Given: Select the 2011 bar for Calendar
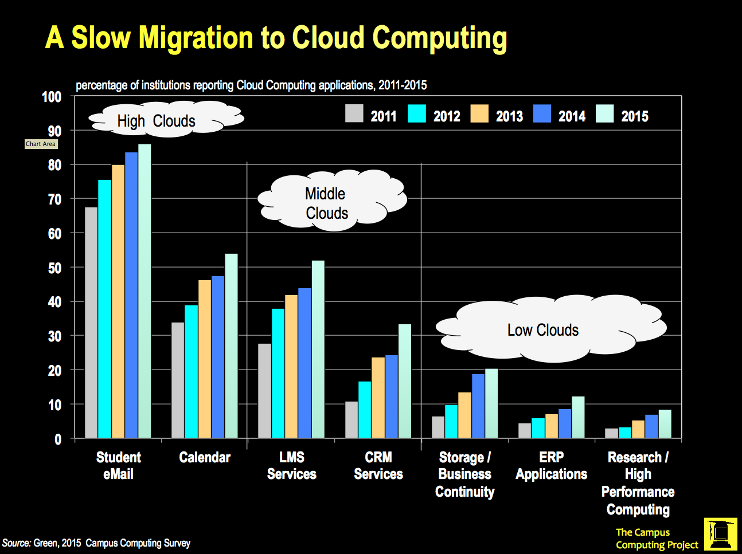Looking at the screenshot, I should [x=178, y=380].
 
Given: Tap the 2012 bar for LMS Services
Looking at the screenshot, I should [x=278, y=374].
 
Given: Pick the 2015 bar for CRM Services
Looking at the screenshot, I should [x=405, y=382].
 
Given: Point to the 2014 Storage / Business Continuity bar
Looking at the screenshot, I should [x=478, y=406].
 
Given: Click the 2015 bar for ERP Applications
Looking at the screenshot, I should [x=578, y=418].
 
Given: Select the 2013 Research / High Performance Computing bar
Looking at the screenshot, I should [x=638, y=430].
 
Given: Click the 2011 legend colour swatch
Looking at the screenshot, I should [x=354, y=113].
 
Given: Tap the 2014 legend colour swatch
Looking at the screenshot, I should [x=542, y=113].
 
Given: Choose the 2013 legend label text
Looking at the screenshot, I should [x=509, y=116].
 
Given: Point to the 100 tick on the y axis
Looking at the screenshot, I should [x=52, y=97].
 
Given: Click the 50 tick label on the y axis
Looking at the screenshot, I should [x=54, y=268].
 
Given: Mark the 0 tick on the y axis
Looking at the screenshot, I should [x=57, y=439].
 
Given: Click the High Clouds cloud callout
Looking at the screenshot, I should [x=166, y=119].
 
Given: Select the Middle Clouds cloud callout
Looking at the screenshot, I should [x=331, y=201].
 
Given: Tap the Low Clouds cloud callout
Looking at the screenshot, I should [x=550, y=329].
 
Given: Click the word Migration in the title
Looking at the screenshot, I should [x=196, y=38].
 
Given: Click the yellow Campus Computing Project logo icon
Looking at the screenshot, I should [x=721, y=535].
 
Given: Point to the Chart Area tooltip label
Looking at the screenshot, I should [x=41, y=144].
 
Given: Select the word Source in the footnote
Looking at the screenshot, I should [x=16, y=543].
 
